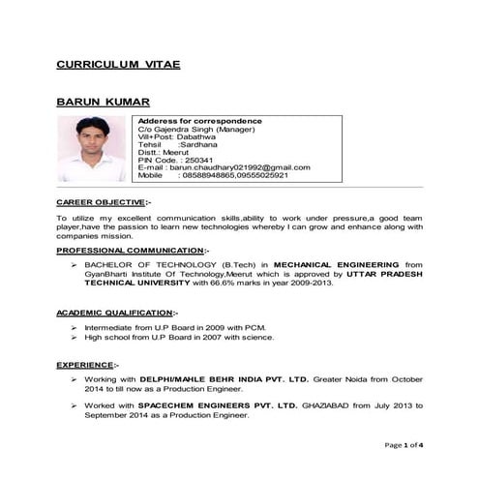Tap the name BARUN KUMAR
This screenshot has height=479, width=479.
[x=104, y=102]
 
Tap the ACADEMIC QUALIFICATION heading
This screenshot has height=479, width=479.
[x=117, y=314]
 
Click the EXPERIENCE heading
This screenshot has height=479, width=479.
[x=87, y=364]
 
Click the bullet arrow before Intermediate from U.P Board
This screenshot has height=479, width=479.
[x=75, y=328]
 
